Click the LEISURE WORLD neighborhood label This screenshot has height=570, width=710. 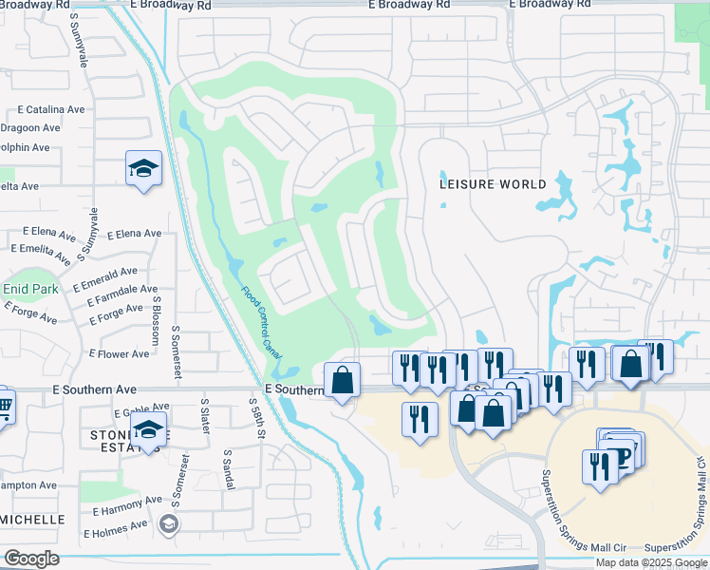click(493, 184)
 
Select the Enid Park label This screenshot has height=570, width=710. click(29, 289)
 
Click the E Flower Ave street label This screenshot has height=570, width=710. click(119, 354)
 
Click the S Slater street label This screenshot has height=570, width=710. click(205, 416)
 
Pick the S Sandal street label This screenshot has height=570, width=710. click(227, 470)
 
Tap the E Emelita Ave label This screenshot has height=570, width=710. click(42, 252)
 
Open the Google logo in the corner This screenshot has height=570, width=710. click(31, 558)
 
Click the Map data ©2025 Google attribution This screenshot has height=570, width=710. click(651, 562)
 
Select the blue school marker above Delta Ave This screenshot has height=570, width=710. click(143, 169)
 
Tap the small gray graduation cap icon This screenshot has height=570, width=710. click(168, 523)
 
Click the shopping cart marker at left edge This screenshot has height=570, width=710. click(4, 406)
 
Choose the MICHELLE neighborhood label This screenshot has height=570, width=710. click(33, 520)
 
